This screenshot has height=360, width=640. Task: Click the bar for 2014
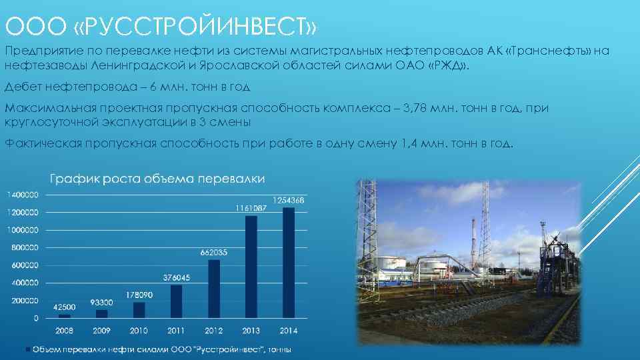point(288,263)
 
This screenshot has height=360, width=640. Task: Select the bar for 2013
point(251,267)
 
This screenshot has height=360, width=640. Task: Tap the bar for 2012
point(214,289)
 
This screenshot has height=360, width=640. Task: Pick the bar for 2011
point(177,301)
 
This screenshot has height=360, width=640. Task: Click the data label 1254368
point(289,200)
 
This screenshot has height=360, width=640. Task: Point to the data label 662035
point(214,252)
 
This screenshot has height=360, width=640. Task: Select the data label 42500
point(65,307)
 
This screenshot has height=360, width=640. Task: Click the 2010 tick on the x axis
point(139,331)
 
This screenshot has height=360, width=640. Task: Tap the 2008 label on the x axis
point(64,331)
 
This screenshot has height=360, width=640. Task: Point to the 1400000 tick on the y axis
point(23,195)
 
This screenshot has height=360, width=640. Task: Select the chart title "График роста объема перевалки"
point(158,179)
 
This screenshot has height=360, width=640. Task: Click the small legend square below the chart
point(28,349)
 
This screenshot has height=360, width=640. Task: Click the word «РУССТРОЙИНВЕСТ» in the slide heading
point(195,27)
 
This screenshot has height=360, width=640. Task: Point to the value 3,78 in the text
point(417,109)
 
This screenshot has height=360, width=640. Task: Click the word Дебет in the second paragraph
point(23,87)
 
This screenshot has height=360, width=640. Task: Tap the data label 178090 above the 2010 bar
point(139,294)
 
